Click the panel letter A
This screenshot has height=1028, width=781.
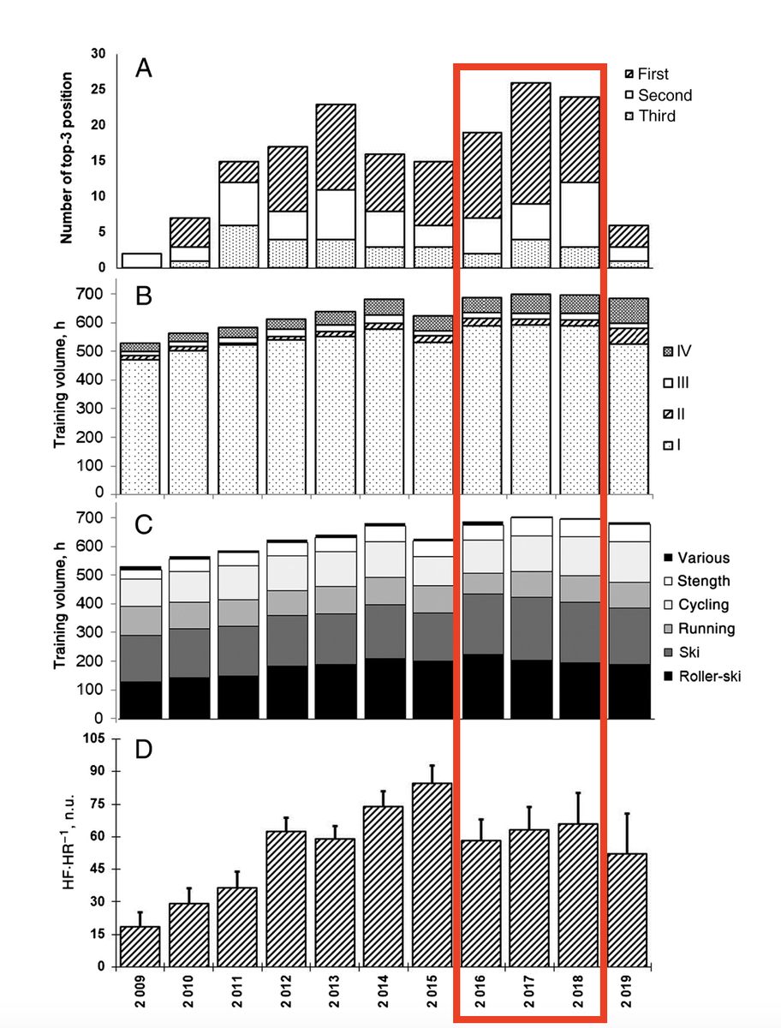(x=144, y=69)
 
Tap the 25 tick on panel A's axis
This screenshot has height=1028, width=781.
(x=98, y=89)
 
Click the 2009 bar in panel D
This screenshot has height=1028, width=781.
(x=140, y=946)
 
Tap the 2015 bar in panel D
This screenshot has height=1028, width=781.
(x=432, y=874)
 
